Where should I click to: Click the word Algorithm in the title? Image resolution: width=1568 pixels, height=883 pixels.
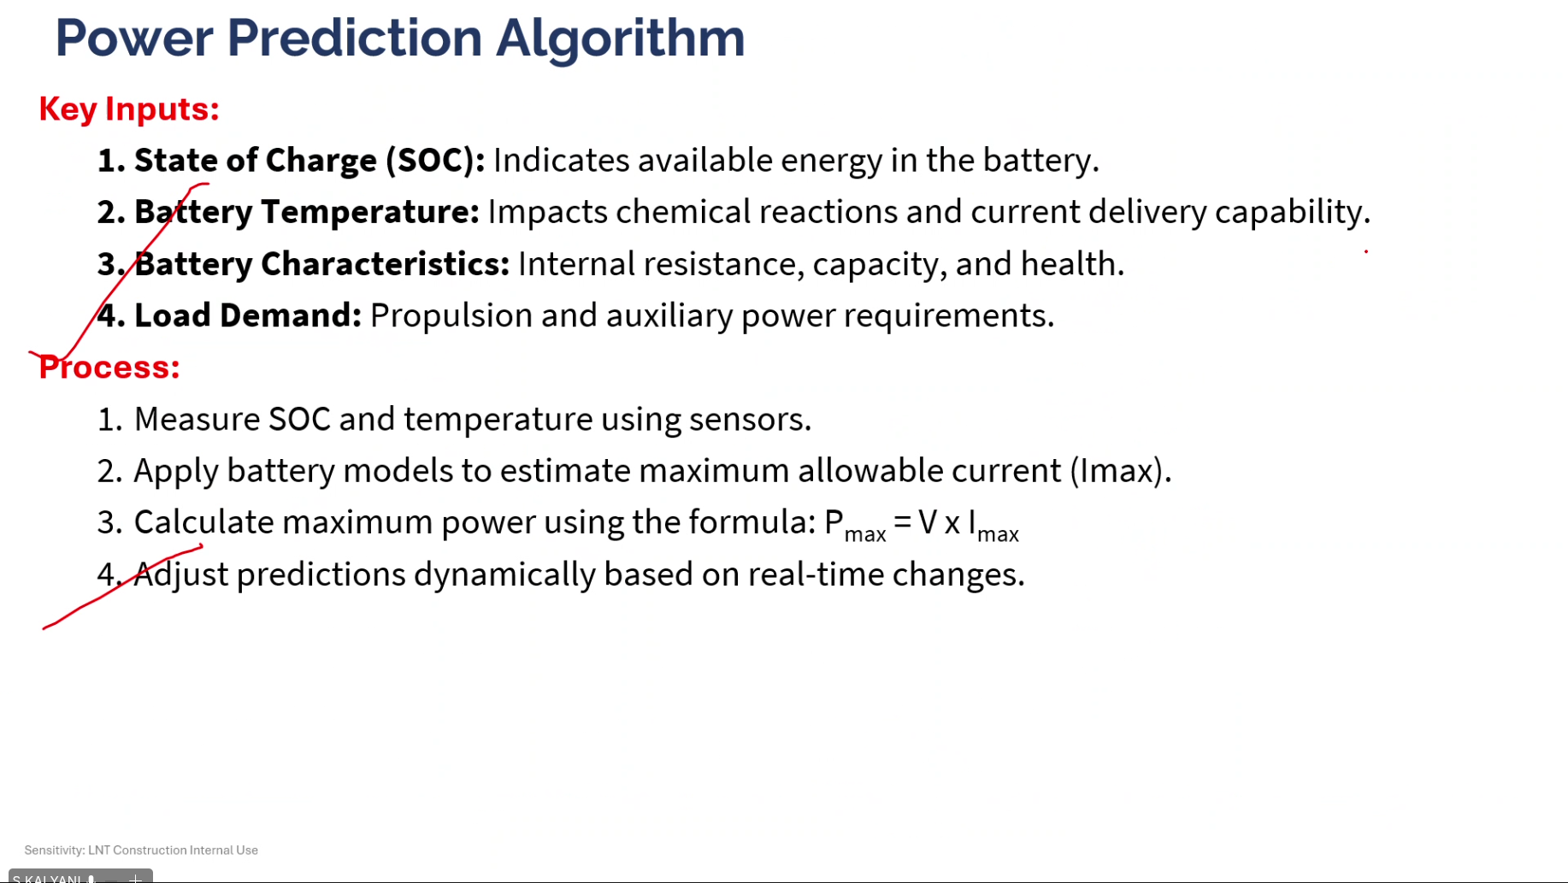[620, 39]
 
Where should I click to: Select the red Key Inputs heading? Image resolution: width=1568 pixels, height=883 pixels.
[129, 109]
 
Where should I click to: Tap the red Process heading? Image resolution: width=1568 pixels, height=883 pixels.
[109, 368]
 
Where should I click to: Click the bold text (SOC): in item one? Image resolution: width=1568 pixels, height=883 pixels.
[435, 161]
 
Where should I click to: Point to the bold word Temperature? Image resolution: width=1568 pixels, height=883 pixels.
[370, 212]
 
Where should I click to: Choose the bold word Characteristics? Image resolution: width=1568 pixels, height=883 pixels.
[385, 264]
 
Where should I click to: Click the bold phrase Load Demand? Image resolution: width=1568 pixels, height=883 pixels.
[248, 315]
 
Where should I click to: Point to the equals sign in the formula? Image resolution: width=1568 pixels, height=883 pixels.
[902, 522]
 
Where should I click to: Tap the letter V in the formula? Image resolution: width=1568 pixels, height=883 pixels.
[928, 522]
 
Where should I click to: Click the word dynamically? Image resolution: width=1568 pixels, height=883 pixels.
[504, 574]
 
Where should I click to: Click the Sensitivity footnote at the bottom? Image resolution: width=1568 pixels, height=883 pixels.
[141, 851]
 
